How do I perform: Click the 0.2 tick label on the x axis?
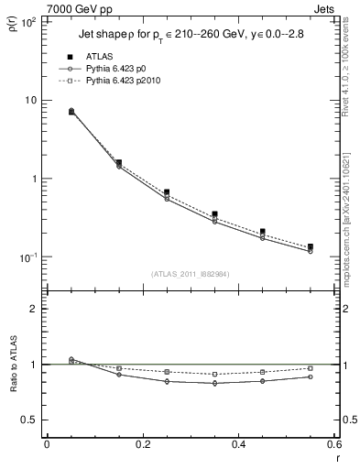click(142, 445)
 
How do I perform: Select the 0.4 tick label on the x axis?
click(238, 445)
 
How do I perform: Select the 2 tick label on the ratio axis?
click(34, 309)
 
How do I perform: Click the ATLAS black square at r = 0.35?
click(214, 214)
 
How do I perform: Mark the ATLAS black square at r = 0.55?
click(311, 246)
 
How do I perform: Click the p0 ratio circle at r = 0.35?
click(214, 383)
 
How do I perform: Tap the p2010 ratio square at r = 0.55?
click(311, 368)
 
